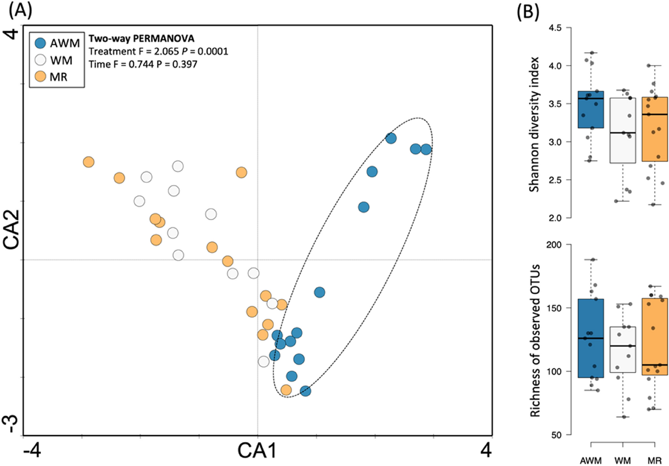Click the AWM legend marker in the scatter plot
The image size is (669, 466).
click(x=40, y=43)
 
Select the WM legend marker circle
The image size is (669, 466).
click(x=40, y=60)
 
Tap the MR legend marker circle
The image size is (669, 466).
click(x=40, y=77)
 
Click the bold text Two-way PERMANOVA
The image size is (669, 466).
click(x=141, y=39)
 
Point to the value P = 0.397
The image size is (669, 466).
click(x=177, y=64)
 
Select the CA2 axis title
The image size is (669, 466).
click(x=11, y=229)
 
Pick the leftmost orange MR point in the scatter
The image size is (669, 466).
click(x=89, y=162)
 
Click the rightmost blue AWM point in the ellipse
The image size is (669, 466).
click(x=426, y=149)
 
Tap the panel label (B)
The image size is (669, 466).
click(x=528, y=12)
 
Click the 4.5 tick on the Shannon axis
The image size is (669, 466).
click(x=554, y=28)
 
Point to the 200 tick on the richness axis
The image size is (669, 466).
click(x=554, y=245)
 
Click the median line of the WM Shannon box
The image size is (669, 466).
click(x=623, y=133)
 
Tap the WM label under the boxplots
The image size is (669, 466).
click(x=622, y=461)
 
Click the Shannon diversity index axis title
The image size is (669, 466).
click(x=534, y=124)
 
